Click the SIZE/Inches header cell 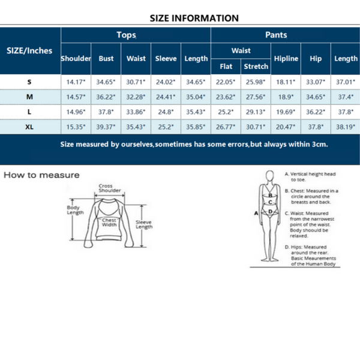point(29,50)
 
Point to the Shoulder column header point(76,59)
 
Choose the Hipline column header point(286,59)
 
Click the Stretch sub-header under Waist point(256,66)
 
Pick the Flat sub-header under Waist point(226,66)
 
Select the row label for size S point(29,81)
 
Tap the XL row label point(29,127)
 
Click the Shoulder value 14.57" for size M point(76,96)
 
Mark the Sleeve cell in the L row point(166,112)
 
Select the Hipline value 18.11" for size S point(286,81)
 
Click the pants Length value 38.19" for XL point(346,127)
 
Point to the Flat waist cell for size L point(226,112)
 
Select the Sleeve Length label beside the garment point(144,224)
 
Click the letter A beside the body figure point(256,212)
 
